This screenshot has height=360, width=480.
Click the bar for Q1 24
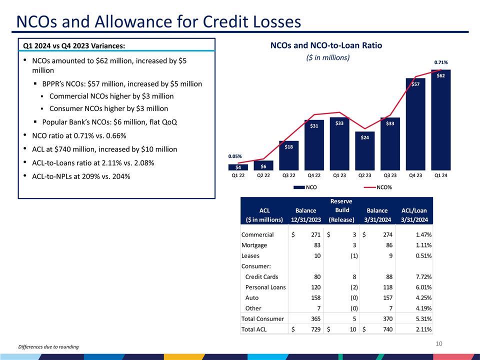pyautogui.click(x=440, y=120)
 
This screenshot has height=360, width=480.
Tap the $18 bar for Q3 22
pyautogui.click(x=288, y=155)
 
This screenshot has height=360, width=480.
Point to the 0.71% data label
pyautogui.click(x=440, y=62)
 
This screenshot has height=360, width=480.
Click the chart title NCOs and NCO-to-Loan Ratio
pyautogui.click(x=326, y=45)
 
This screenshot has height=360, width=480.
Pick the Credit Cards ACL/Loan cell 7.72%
pyautogui.click(x=422, y=276)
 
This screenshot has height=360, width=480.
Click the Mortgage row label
pyautogui.click(x=254, y=245)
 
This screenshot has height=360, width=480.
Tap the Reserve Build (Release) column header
pyautogui.click(x=341, y=210)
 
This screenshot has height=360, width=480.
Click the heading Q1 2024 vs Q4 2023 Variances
pyautogui.click(x=74, y=46)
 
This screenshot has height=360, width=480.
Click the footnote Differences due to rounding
pyautogui.click(x=48, y=347)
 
